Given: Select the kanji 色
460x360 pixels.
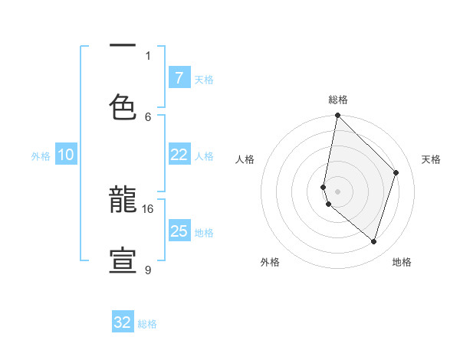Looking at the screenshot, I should coord(123,107).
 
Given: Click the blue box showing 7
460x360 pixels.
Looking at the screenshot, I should coord(179,78).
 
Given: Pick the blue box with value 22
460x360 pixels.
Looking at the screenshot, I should coord(179,155).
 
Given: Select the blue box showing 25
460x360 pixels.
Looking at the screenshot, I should coord(179,231).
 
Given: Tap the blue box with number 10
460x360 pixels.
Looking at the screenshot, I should coord(65,155).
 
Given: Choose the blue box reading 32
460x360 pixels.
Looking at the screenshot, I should coord(123,322).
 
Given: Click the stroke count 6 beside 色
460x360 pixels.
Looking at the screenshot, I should coord(148,116).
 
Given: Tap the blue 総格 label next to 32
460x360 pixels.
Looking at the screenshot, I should coord(147,324).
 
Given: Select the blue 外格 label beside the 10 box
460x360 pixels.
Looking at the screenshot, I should coord(41,156).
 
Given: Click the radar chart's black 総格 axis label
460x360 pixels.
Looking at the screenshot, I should coord(338,100).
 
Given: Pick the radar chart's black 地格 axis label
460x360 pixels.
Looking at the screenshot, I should coord(402,262).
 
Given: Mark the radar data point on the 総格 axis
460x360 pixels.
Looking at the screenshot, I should coord(337,116).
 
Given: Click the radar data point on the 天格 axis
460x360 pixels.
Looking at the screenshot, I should coord(396,172).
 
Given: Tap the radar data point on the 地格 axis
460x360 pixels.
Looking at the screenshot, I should coord(373,241).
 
